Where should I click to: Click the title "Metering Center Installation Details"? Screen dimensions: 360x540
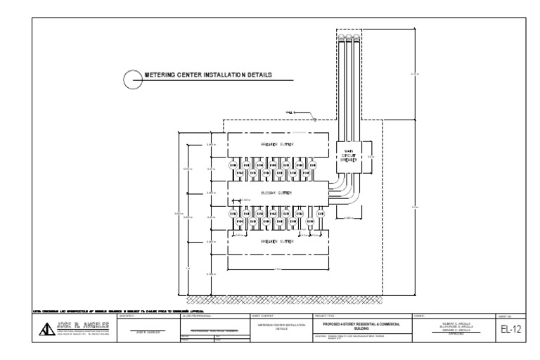point(207,75)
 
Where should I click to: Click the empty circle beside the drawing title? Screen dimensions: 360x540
point(131,78)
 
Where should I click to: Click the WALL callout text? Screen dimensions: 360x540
point(290,112)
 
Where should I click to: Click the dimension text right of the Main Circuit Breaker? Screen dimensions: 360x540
point(372,156)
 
